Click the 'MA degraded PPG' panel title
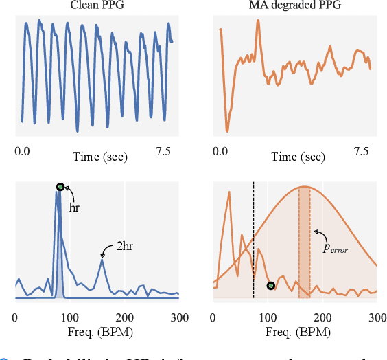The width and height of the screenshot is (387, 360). pos(295,5)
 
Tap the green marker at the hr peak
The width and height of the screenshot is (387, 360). pos(60,187)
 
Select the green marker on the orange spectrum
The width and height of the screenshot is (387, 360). pos(270,285)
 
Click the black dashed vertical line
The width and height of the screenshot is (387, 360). pos(253,240)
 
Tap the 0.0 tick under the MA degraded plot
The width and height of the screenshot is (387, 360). pos(220,150)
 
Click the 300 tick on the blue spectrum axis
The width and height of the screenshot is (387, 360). pos(178,317)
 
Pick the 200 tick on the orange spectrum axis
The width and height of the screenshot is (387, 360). pos(322,317)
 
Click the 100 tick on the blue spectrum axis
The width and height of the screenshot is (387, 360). pos(69,317)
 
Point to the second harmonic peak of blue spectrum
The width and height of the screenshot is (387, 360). pos(102,259)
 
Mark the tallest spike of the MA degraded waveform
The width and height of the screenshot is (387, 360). pos(258,21)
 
